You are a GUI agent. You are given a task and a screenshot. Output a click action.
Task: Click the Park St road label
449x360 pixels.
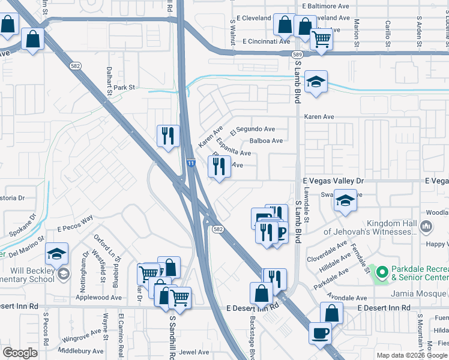(x=124, y=88)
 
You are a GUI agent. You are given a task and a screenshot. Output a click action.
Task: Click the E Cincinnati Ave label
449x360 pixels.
(x=266, y=41)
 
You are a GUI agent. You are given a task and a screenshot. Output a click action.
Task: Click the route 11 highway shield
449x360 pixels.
(x=190, y=163)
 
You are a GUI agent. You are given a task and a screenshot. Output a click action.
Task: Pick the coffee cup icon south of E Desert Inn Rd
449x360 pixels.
(x=320, y=332)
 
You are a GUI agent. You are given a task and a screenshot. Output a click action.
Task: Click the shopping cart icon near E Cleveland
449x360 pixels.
(x=322, y=39)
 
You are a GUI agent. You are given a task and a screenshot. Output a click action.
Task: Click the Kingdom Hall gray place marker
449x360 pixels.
(x=426, y=226)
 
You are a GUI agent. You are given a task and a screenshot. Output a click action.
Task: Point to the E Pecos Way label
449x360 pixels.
(x=76, y=224)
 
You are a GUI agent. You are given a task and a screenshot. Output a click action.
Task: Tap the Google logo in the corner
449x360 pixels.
(x=20, y=353)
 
